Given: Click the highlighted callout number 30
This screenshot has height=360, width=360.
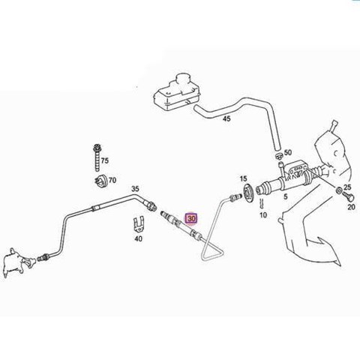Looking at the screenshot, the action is click(191, 219).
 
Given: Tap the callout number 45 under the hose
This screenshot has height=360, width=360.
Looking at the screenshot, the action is click(226, 118).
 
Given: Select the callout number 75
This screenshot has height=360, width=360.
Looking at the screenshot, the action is click(105, 160).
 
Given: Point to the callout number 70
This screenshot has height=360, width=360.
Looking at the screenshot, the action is click(112, 180).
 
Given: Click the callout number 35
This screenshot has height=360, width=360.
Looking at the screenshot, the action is click(135, 189).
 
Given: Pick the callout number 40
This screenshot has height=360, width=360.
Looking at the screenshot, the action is click(138, 238).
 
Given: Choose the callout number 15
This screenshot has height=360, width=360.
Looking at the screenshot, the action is click(243, 178).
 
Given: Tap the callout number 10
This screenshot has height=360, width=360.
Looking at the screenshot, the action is click(263, 214).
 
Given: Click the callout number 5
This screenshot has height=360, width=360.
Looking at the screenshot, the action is click(286, 196).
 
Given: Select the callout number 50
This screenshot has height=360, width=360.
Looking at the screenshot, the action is click(288, 152).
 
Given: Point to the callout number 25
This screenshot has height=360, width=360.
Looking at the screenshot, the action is click(347, 187).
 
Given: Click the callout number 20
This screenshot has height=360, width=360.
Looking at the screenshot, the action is click(351, 207).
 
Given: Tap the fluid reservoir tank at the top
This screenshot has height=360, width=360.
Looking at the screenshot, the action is click(176, 92).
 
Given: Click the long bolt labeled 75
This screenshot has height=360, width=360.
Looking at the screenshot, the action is click(97, 157).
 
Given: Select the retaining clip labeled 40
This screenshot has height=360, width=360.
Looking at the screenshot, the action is click(139, 224).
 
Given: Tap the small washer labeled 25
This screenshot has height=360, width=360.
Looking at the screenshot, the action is click(338, 190).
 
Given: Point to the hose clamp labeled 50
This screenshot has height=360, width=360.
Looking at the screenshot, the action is click(279, 157).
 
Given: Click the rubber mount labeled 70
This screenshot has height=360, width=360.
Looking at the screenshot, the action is click(101, 181).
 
